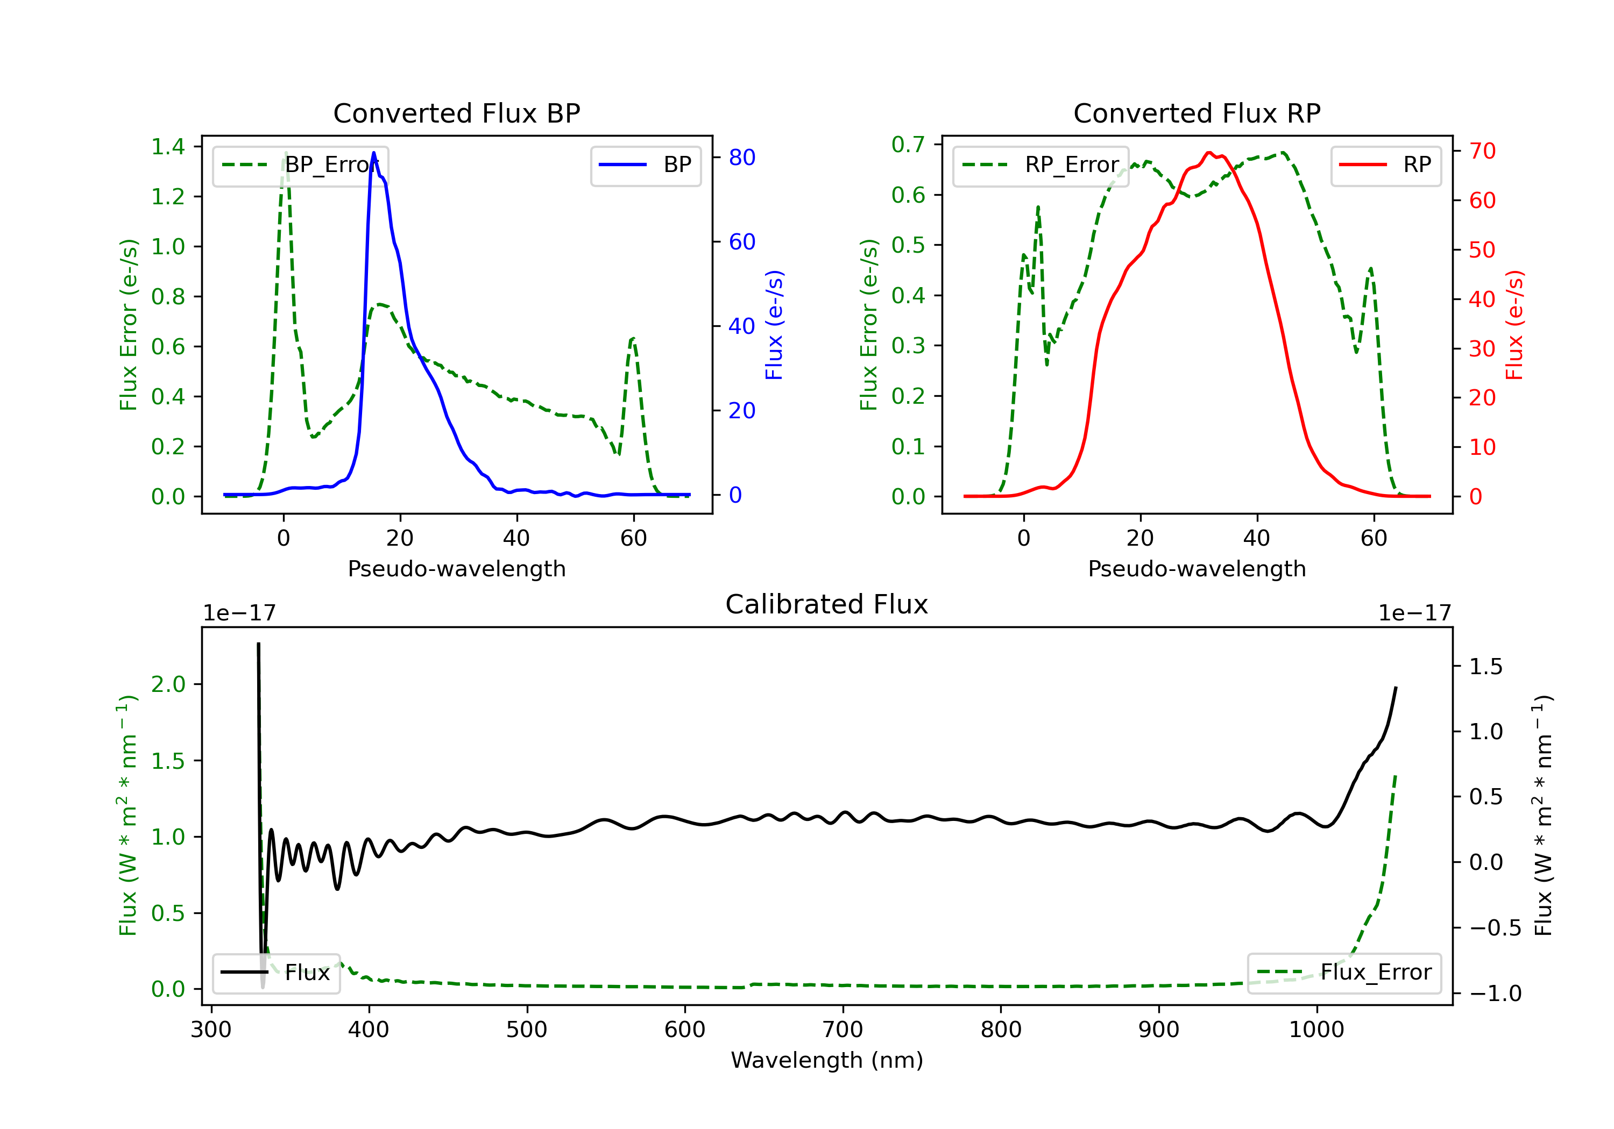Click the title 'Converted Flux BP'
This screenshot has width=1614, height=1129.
[x=456, y=113]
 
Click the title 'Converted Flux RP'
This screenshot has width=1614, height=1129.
[x=1197, y=113]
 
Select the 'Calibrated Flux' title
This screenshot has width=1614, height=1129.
[x=827, y=604]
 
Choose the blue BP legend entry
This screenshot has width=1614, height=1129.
[x=645, y=165]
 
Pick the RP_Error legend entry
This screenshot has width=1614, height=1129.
[x=1040, y=165]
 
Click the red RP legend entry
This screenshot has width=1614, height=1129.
[x=1385, y=165]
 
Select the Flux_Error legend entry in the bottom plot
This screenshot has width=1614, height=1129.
[x=1344, y=973]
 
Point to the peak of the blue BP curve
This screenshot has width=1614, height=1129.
[x=373, y=153]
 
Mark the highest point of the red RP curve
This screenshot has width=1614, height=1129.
[x=1209, y=153]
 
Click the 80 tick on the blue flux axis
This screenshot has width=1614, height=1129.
[x=741, y=158]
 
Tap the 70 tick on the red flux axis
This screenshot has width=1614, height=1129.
[x=1482, y=151]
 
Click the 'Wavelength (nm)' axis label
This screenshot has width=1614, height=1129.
[x=827, y=1060]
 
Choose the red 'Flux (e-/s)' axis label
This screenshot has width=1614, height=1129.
[x=1514, y=325]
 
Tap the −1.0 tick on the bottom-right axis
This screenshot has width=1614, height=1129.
[x=1495, y=994]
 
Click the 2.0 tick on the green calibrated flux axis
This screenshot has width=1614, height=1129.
[x=168, y=684]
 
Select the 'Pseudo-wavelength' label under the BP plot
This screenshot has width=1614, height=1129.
[x=456, y=568]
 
